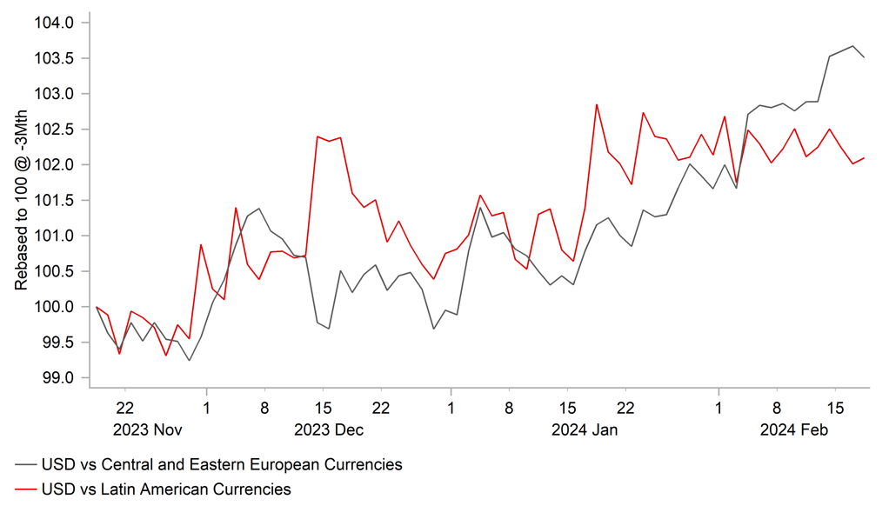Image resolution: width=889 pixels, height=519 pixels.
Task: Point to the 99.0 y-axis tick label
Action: click(58, 378)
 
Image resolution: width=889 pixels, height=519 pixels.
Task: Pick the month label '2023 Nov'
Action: click(148, 429)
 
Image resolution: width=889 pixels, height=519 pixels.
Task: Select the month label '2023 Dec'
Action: click(329, 429)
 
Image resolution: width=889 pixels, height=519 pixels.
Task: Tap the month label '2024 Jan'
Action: click(585, 429)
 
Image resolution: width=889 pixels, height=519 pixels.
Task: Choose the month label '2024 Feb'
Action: click(794, 429)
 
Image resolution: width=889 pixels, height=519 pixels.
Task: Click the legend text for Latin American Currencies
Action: click(165, 489)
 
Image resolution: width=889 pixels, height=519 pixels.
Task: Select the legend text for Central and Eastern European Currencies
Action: click(222, 465)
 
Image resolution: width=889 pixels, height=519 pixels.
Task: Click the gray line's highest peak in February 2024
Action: click(852, 46)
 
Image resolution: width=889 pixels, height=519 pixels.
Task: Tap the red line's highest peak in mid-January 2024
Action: click(597, 104)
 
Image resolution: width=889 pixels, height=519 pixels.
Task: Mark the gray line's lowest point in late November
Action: click(189, 360)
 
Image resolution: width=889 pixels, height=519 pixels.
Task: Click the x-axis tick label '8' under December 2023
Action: click(264, 407)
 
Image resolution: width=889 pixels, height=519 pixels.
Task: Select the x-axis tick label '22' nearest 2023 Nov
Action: click(124, 407)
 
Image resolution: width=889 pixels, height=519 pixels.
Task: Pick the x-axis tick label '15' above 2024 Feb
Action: click(835, 407)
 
